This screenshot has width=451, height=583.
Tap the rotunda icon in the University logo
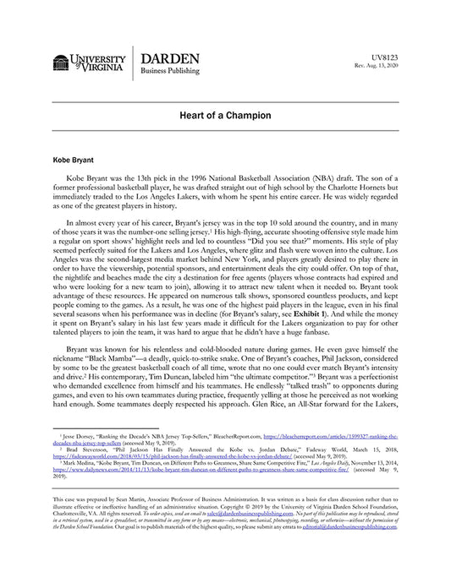[61, 63]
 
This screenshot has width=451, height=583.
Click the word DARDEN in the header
[169, 58]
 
